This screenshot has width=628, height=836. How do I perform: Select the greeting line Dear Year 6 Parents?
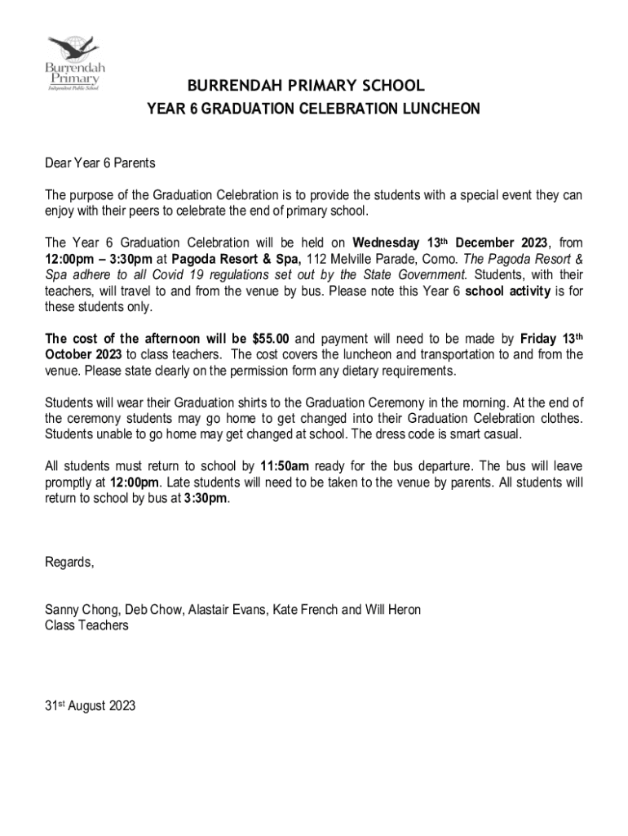pyautogui.click(x=100, y=164)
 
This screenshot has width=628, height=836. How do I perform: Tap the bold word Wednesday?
pyautogui.click(x=387, y=243)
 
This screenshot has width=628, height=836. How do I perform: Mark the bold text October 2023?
pyautogui.click(x=84, y=354)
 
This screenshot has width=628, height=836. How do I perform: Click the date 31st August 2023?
pyautogui.click(x=90, y=705)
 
